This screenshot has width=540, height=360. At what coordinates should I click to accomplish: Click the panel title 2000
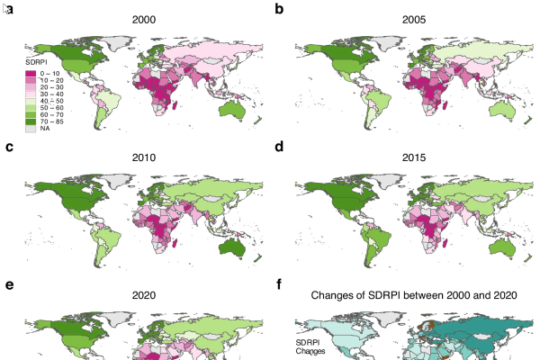pos(144,19)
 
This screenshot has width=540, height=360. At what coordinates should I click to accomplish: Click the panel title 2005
pos(414,19)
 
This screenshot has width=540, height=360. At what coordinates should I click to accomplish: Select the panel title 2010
pos(144,158)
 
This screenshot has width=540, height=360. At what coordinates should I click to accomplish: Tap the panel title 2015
pos(414,158)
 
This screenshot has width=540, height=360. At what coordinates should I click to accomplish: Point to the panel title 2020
pos(144,294)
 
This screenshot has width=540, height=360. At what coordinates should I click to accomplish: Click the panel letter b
pos(279,8)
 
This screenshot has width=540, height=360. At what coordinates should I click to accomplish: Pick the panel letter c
pos(9,147)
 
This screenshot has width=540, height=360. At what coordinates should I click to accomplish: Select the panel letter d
pos(279,147)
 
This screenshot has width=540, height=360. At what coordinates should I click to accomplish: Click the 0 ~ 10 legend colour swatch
pos(31,72)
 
